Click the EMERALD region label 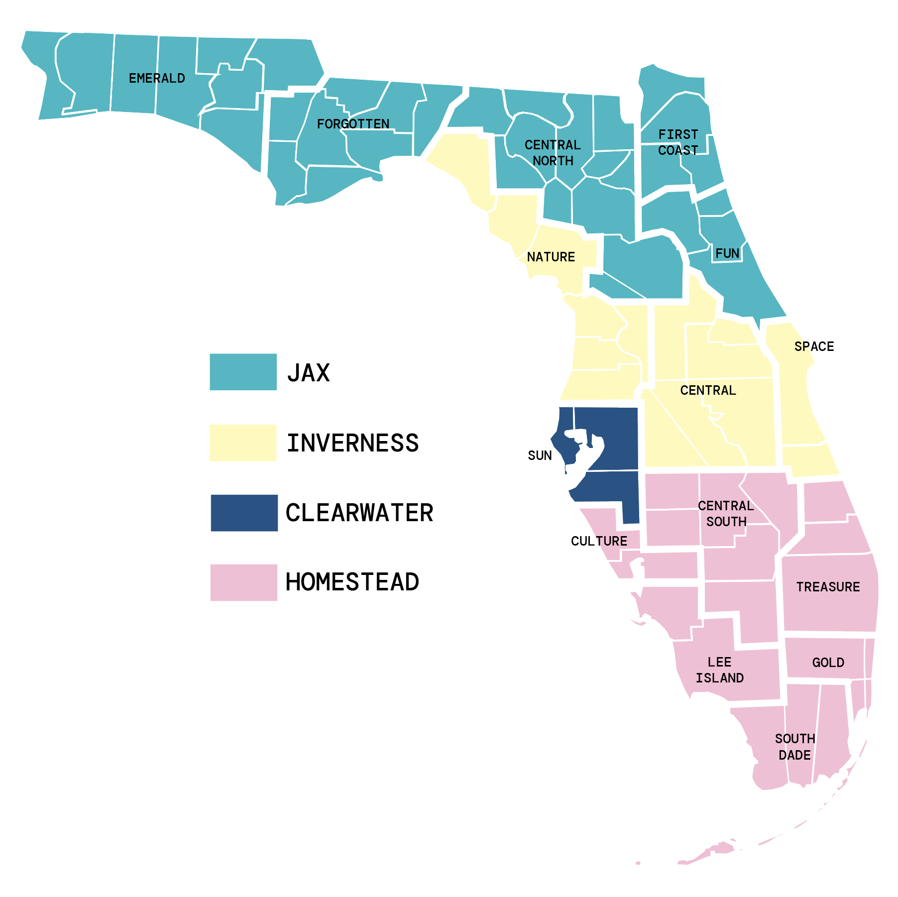157,78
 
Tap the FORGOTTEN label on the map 353,123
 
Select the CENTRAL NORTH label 553,153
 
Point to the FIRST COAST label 678,142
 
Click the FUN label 727,253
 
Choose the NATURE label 551,257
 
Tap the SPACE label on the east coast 814,346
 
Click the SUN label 540,455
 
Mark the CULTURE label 599,541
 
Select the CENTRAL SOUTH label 726,514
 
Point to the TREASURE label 828,587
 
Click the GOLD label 828,663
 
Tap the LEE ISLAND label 719,670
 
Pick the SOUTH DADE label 794,747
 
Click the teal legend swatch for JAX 243,372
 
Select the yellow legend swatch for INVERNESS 243,443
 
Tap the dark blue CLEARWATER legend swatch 244,513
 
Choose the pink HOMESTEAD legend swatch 243,582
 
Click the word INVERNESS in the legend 352,443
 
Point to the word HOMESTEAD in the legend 352,582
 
